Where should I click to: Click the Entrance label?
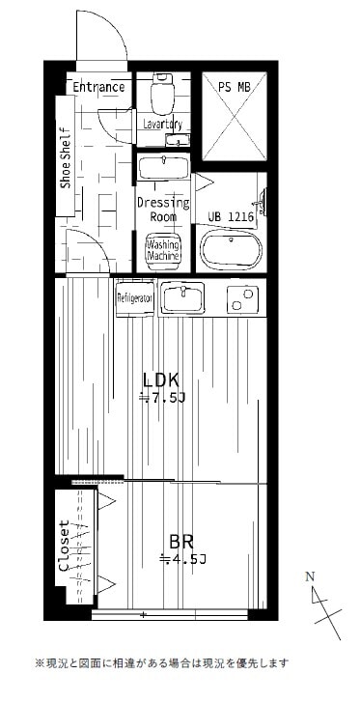click(99, 87)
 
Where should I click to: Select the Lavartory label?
click(163, 125)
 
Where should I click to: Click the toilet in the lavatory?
click(162, 95)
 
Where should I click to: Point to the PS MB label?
click(233, 87)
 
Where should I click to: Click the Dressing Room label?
click(162, 210)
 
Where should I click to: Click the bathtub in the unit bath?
click(231, 250)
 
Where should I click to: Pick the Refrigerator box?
click(135, 298)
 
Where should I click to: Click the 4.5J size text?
click(183, 559)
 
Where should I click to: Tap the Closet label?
click(65, 547)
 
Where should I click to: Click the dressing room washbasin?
click(164, 168)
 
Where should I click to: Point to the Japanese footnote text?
click(161, 663)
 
